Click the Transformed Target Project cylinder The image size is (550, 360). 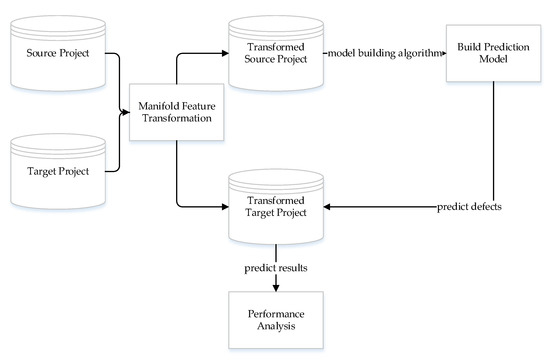pyautogui.click(x=274, y=207)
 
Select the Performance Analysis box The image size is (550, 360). pyautogui.click(x=274, y=320)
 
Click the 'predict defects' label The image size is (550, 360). pyautogui.click(x=470, y=207)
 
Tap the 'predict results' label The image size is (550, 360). pyautogui.click(x=274, y=268)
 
